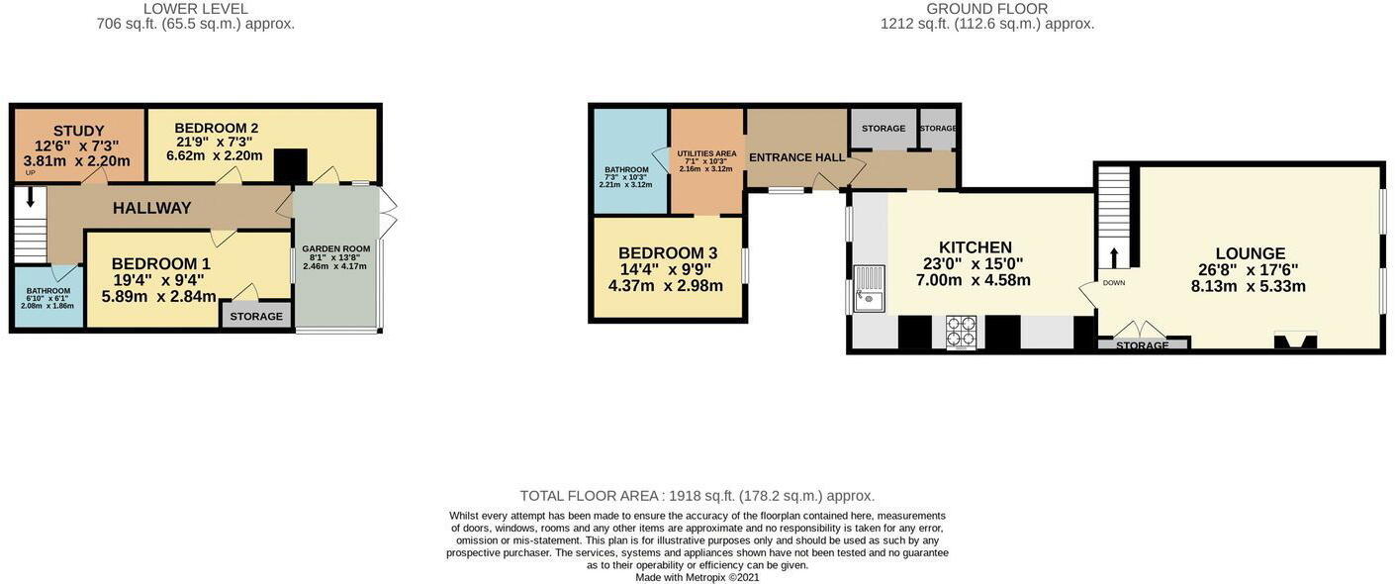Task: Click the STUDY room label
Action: click(78, 131)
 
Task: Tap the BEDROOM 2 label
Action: click(216, 128)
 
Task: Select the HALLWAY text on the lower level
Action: click(151, 208)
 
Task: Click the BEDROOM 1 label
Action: click(160, 264)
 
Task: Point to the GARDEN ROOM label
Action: click(335, 249)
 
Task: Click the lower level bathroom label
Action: click(48, 291)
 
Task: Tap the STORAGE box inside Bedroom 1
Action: click(256, 316)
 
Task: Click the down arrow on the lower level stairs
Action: click(30, 197)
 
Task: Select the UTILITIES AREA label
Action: click(706, 153)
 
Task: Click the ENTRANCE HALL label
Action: click(796, 157)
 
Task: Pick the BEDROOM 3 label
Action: click(667, 253)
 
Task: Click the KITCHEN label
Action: click(975, 247)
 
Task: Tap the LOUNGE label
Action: click(1250, 253)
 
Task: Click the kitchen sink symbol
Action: click(869, 288)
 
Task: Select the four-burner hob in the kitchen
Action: click(961, 332)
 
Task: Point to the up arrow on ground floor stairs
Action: click(1114, 257)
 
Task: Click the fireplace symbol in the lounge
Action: click(1295, 341)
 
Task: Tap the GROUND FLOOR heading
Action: click(986, 9)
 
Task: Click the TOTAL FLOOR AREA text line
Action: click(697, 496)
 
